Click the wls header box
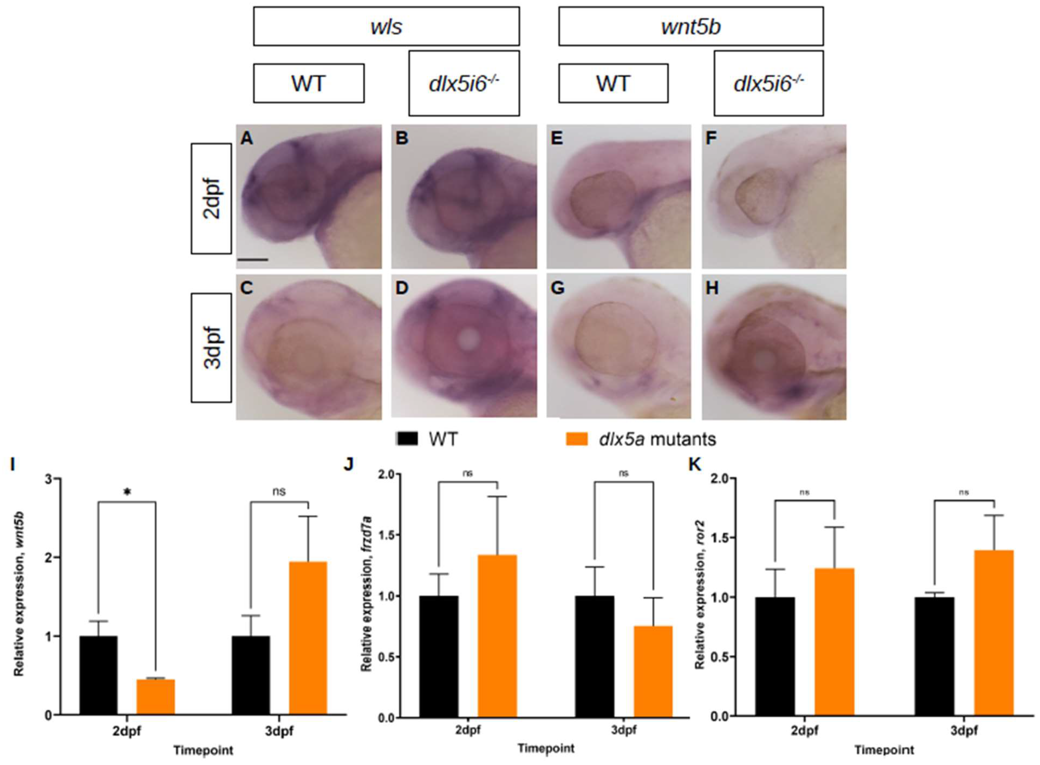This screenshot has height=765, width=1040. (x=386, y=26)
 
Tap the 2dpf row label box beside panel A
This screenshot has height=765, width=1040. (x=211, y=198)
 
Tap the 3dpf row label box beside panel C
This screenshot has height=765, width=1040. (x=211, y=347)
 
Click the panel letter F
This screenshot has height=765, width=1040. (x=711, y=138)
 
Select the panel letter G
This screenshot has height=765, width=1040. (x=557, y=288)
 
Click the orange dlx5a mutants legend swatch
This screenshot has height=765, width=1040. (x=576, y=438)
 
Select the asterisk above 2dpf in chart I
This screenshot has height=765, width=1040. (x=127, y=493)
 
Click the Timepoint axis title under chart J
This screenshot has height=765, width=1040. (x=546, y=748)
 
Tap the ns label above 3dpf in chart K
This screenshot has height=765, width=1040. (x=964, y=493)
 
